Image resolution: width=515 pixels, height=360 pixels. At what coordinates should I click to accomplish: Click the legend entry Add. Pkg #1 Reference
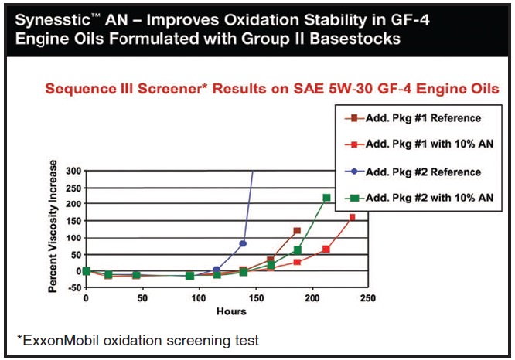[413, 118]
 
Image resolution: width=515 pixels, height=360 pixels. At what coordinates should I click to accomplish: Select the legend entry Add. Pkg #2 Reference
[413, 172]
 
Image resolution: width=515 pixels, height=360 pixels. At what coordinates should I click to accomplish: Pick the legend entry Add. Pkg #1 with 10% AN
[419, 144]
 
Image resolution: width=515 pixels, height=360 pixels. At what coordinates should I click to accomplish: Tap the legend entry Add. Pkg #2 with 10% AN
[419, 198]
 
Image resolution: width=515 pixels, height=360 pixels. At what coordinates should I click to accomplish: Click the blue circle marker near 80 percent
[243, 243]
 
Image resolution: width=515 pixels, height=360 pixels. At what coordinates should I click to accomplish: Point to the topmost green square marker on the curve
[326, 198]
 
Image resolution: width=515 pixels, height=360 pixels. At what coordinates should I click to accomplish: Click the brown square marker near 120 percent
[297, 231]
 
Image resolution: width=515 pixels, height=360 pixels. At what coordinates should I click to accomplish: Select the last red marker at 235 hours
[352, 217]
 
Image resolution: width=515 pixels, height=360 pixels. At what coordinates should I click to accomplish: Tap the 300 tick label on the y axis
[73, 171]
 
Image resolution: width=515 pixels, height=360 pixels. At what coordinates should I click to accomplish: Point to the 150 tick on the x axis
[255, 298]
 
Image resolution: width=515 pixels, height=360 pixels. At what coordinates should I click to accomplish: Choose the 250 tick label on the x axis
[368, 298]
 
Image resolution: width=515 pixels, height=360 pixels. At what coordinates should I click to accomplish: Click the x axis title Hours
[231, 311]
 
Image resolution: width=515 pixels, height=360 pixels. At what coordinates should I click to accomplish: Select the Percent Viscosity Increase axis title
[53, 226]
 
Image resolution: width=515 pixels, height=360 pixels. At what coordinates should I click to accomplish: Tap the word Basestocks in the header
[355, 39]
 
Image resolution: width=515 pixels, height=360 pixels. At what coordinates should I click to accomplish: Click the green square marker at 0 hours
[86, 271]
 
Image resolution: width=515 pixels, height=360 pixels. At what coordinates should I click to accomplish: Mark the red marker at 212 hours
[326, 250]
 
